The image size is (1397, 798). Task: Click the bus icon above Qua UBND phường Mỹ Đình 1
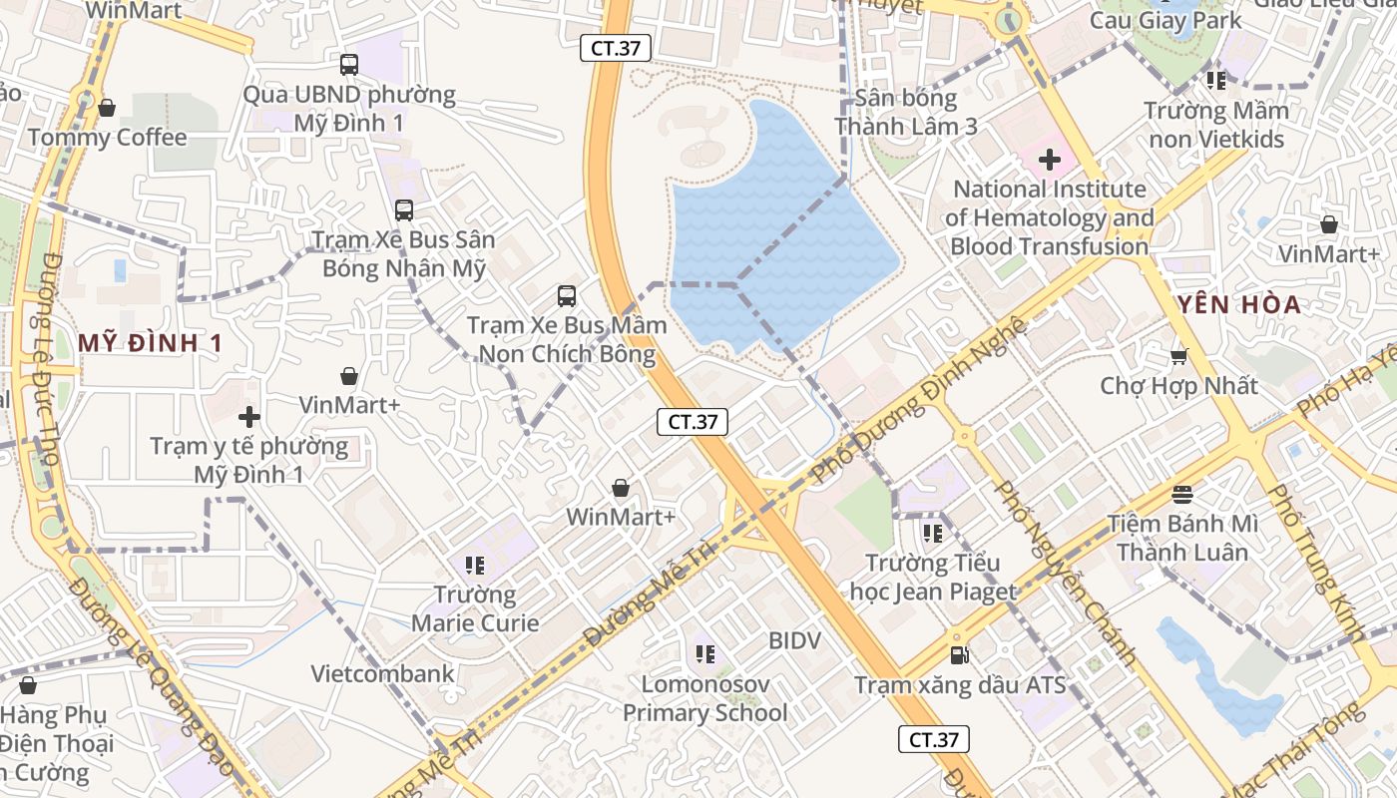348,65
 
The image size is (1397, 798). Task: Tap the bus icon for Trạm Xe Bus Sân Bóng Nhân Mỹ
404,210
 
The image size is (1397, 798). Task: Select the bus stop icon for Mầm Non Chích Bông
566,295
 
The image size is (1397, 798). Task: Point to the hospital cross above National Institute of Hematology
1049,159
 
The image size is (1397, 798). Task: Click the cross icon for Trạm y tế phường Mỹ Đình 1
249,417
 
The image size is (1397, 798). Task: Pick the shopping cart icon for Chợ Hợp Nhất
1178,355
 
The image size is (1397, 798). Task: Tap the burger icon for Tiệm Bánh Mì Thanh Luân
1182,494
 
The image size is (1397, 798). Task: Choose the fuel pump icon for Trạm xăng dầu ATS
959,655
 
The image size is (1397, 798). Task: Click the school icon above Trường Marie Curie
475,566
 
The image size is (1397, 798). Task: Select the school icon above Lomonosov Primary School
705,654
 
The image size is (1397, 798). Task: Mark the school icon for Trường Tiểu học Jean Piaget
932,534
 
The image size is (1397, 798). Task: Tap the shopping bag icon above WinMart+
621,488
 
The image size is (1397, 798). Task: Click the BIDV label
794,640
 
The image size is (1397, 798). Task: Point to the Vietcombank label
382,673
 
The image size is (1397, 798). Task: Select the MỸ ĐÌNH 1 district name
150,343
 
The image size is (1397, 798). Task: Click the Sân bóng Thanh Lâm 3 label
905,112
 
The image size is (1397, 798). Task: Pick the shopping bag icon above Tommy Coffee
107,108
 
